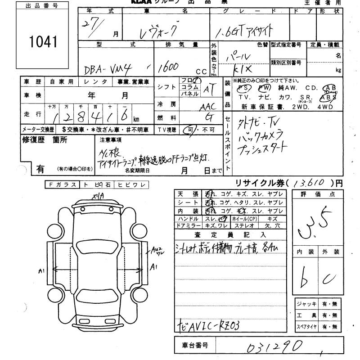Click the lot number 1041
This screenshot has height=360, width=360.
point(44,42)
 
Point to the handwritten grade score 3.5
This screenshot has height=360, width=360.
point(315,222)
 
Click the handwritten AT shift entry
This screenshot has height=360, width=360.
point(208,90)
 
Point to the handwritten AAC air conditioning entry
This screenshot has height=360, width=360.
point(207,107)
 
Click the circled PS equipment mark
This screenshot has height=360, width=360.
point(245,88)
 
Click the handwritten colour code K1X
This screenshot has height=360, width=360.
point(243,71)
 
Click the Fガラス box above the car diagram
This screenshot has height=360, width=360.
point(62,184)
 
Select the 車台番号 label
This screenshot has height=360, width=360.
point(194,346)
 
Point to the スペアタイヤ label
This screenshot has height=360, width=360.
point(306,327)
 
